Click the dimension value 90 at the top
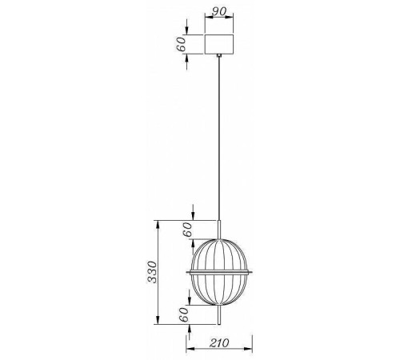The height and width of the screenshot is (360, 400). (218, 12)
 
